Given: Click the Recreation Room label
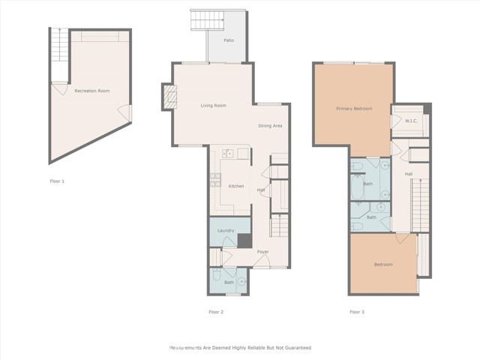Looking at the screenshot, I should [91, 91].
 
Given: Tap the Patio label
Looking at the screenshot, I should [229, 40].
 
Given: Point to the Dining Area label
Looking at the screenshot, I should [270, 126].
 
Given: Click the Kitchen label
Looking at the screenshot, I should [235, 186].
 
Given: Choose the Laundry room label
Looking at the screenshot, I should [226, 230].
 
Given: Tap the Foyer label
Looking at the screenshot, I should [263, 252].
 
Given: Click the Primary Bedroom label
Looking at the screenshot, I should [353, 109].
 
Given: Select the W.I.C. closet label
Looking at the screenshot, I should [411, 121].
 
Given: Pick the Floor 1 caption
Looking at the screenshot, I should [57, 181].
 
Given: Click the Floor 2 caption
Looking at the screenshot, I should [216, 311].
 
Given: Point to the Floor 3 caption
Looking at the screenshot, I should [356, 311].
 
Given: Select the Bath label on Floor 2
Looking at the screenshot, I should [229, 282].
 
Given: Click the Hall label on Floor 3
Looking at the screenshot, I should [409, 174].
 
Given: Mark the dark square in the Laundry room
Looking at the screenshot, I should [244, 241].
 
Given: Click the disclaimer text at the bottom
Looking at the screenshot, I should [239, 348].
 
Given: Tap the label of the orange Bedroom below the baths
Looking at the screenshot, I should [383, 265].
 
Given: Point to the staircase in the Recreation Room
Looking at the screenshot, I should [58, 54].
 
